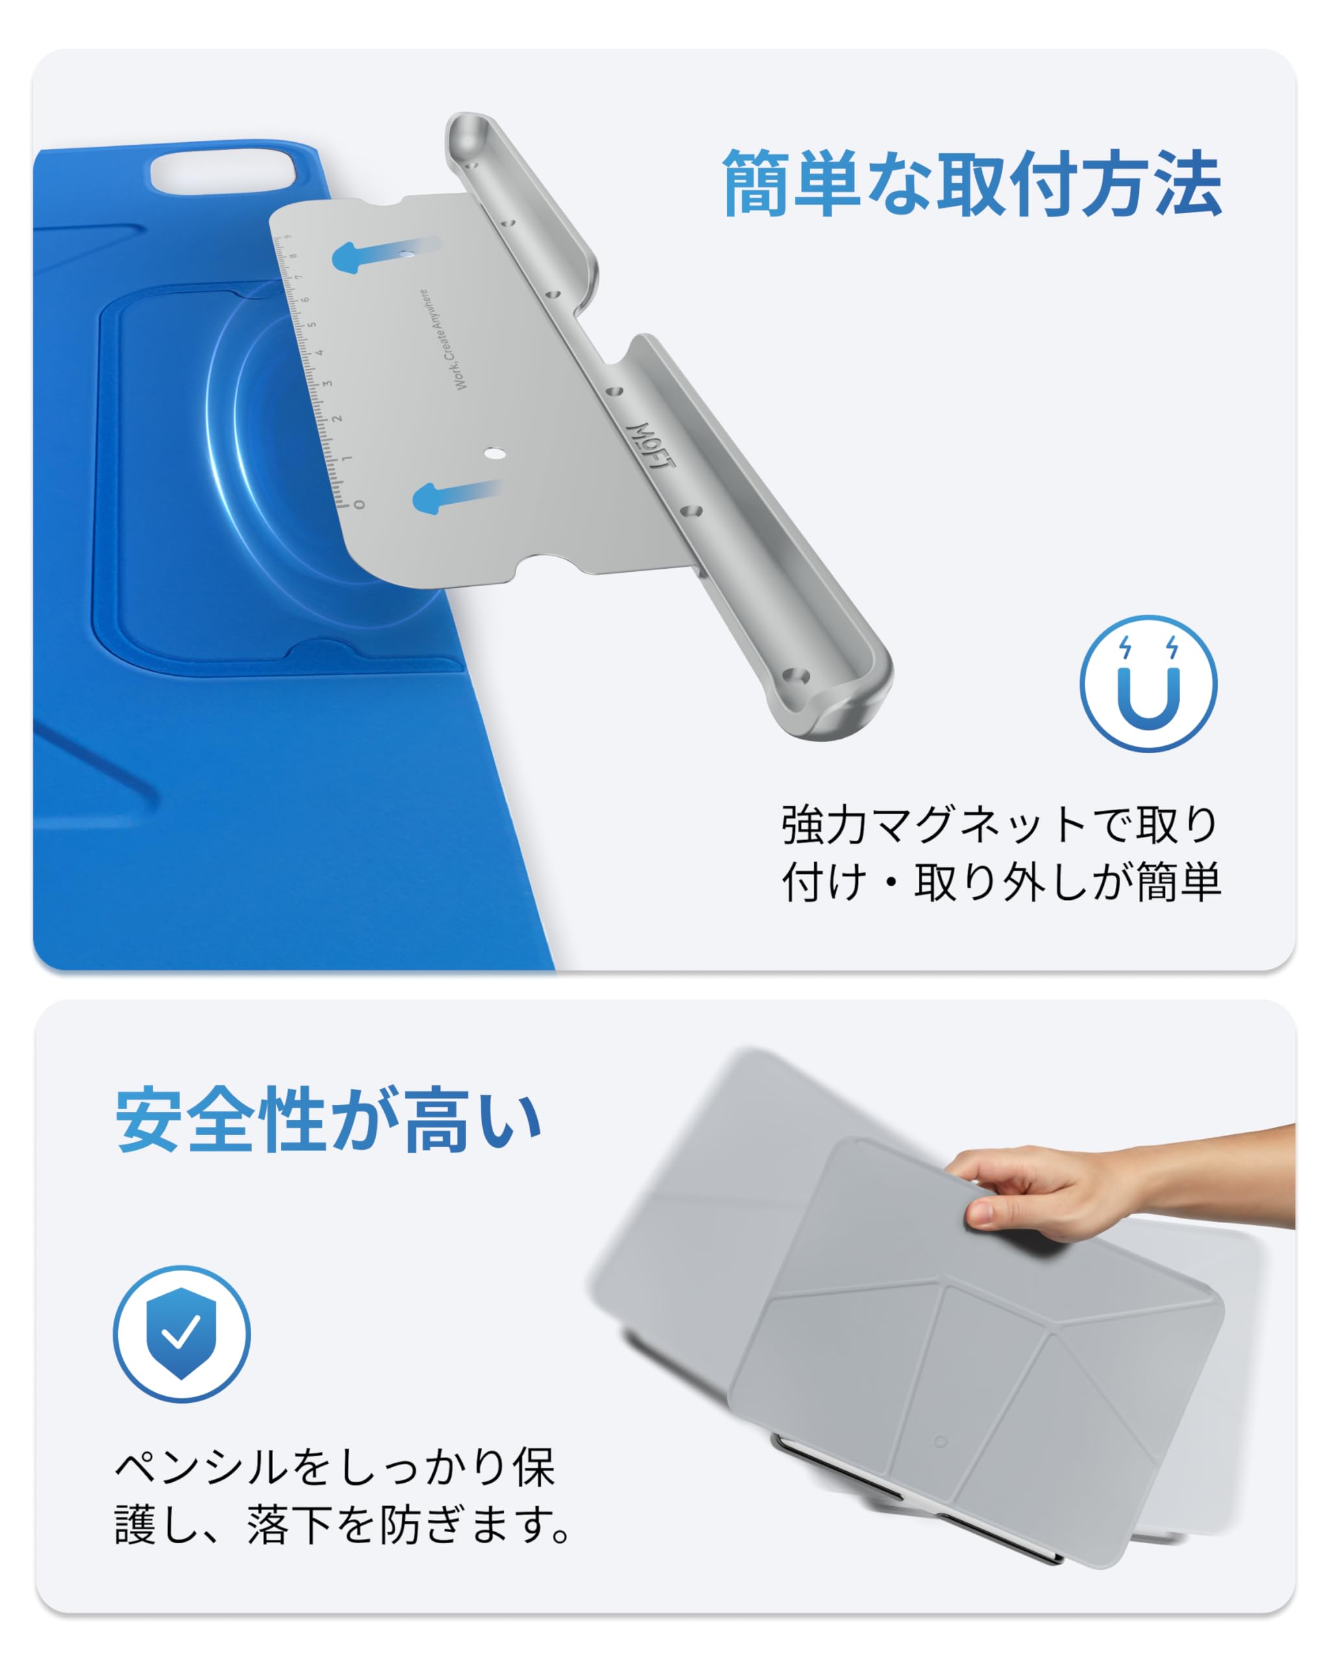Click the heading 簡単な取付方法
[x=971, y=184]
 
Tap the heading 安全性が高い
[x=329, y=1119]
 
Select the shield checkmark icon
[x=182, y=1333]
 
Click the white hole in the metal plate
[x=494, y=453]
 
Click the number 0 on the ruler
[x=359, y=505]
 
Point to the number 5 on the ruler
[x=311, y=325]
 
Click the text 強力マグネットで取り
[x=999, y=824]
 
